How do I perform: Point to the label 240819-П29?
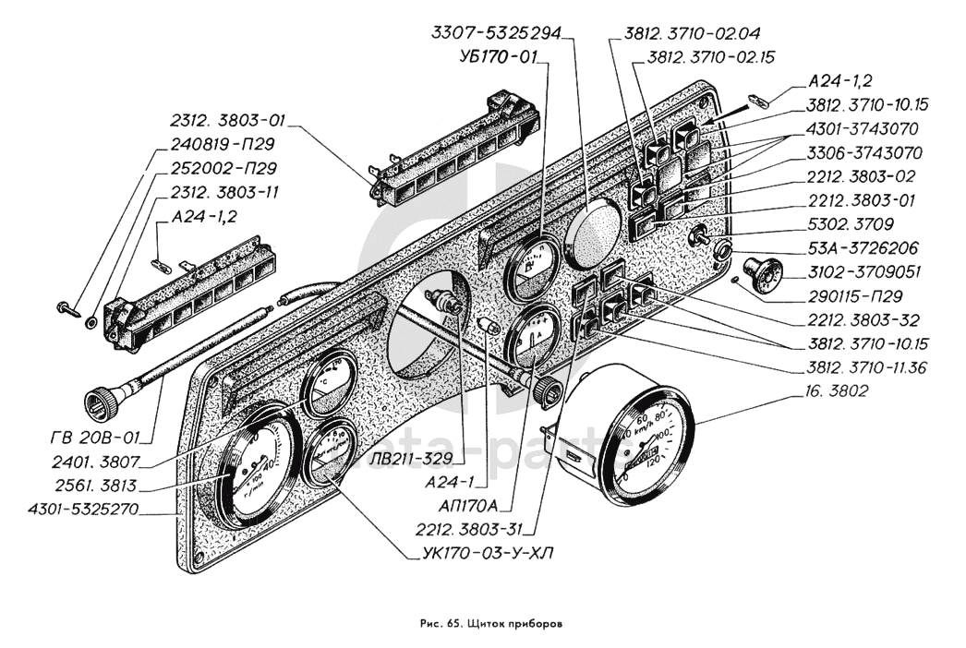223,144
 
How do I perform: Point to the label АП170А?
468,505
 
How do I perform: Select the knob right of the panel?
759,273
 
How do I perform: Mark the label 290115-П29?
851,297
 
